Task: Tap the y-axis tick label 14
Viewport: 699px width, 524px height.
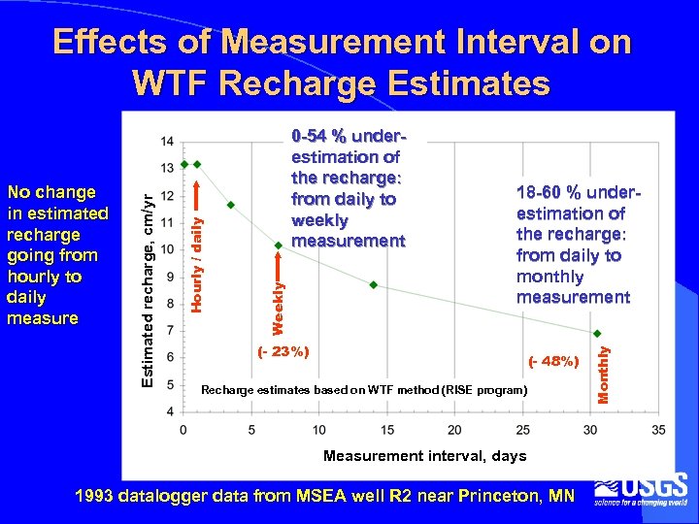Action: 168,142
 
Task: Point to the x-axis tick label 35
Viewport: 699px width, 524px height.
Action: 658,430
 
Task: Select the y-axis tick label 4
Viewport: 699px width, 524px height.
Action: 171,412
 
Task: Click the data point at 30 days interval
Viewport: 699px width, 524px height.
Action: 597,334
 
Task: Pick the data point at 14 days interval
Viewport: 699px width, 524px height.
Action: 374,284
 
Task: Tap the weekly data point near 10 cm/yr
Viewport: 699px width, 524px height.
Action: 279,245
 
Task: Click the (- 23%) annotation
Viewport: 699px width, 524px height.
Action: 283,351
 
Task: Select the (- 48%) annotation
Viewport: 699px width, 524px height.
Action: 553,362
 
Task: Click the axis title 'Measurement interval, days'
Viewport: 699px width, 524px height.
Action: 424,456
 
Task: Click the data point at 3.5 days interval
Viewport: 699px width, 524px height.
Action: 231,205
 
